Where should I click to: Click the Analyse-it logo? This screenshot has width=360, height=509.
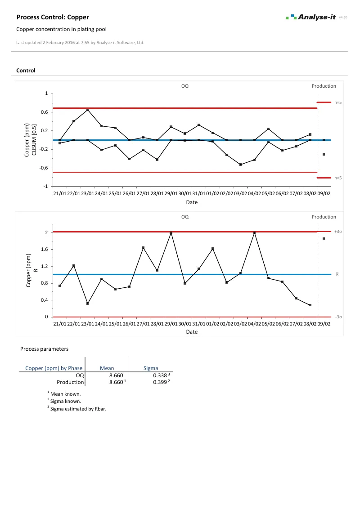coord(311,18)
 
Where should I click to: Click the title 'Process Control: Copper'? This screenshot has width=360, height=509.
coord(53,17)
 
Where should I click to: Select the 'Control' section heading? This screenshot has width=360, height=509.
coord(26,71)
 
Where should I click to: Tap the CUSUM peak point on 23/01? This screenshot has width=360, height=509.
coord(87,110)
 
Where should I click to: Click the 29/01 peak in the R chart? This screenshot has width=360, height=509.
coord(171,233)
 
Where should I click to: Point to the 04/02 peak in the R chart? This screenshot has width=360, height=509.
coord(255,233)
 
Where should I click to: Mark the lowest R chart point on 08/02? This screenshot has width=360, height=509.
coord(310,305)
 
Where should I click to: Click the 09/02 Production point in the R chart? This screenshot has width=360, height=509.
coord(324,238)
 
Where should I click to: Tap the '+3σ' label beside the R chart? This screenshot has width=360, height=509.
coord(338,232)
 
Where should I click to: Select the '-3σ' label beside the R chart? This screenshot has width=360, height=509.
coord(338,317)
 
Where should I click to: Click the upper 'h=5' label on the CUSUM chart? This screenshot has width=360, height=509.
coord(338,103)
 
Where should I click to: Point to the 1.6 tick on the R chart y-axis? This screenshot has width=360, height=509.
coord(45,250)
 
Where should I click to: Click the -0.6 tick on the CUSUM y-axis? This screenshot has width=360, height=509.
coord(43,168)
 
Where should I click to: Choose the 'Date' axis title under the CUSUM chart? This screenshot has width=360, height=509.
coord(192,202)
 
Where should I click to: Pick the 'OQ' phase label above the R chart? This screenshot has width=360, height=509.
coord(185,217)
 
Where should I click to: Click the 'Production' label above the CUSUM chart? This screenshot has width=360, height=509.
coord(324,86)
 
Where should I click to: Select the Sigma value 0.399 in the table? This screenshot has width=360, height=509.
coord(160,382)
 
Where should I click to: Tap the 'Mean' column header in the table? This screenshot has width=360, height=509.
coord(107,368)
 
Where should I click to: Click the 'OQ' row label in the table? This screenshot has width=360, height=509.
coord(80,375)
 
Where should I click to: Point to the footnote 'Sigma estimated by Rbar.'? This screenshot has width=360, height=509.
coord(78,409)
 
